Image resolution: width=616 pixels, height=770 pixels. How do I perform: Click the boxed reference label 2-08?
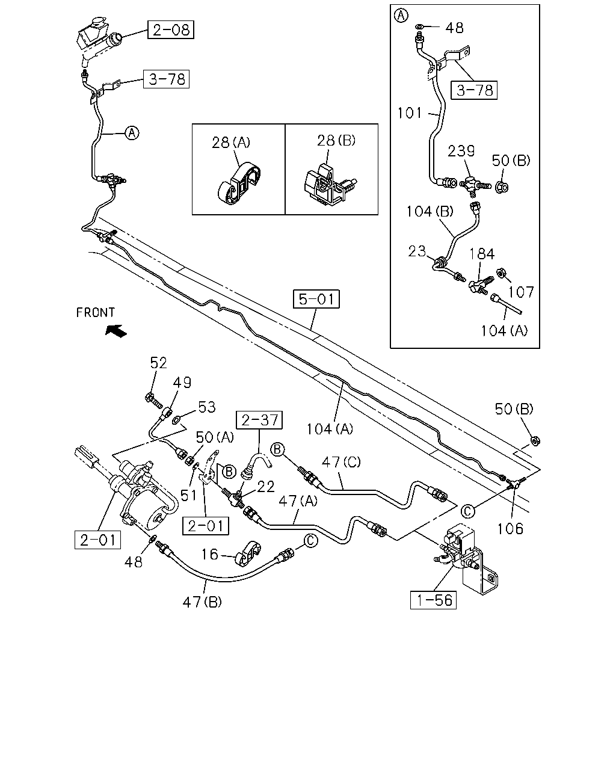[x=171, y=29]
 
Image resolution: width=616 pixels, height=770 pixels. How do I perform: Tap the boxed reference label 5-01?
[x=316, y=299]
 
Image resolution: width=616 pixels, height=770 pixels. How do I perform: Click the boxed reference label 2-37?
[x=259, y=420]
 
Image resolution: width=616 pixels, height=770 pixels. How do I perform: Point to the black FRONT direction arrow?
[x=116, y=330]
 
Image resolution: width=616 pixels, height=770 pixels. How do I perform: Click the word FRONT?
[x=95, y=312]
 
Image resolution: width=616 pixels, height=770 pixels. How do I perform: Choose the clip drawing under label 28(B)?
[x=329, y=185]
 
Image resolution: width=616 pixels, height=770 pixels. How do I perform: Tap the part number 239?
[x=461, y=151]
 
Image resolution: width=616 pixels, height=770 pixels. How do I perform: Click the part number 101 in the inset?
[x=410, y=113]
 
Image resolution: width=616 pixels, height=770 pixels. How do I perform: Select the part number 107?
[x=521, y=292]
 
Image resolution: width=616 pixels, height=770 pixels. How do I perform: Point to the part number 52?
[x=158, y=363]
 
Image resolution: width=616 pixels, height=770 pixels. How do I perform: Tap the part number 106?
[x=510, y=529]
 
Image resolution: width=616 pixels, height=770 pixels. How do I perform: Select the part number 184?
[x=482, y=254]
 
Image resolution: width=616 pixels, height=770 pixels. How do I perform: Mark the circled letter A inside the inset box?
[x=401, y=16]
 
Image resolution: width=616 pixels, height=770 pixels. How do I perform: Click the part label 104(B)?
[x=430, y=212]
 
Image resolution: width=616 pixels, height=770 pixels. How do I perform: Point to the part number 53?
[x=207, y=407]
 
